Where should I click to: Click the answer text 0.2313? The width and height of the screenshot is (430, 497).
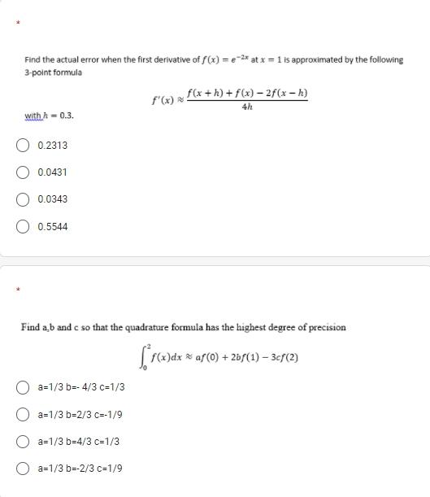(x=53, y=146)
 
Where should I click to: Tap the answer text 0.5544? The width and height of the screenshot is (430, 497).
(x=53, y=226)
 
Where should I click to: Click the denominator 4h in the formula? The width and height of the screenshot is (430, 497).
(x=247, y=107)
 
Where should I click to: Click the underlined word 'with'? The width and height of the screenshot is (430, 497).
(x=33, y=116)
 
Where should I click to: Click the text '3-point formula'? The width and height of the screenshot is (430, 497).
(x=53, y=72)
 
